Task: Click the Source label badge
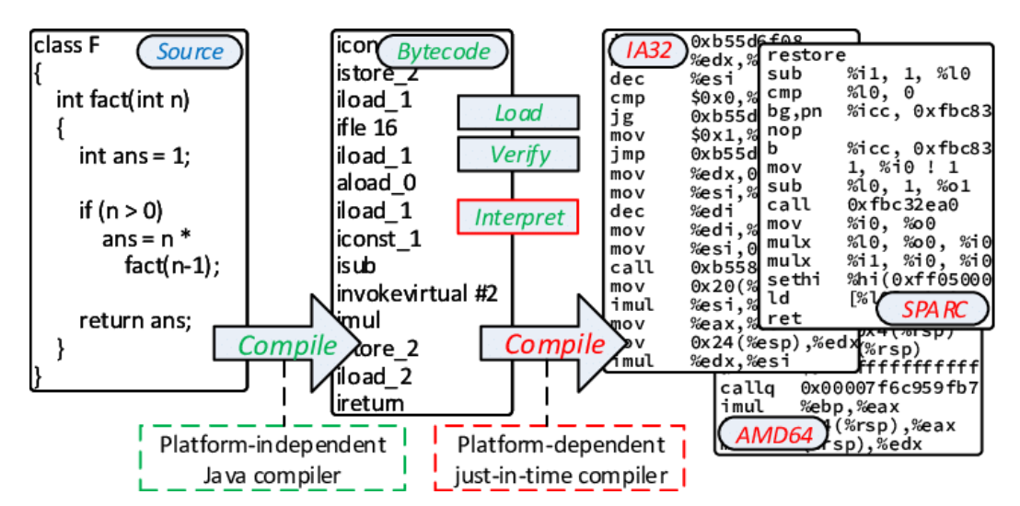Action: (190, 52)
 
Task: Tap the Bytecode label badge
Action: (445, 52)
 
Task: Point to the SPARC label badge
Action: (933, 310)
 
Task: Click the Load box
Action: (518, 113)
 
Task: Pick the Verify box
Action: (518, 155)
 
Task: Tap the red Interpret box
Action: (518, 218)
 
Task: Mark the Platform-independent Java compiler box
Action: (272, 459)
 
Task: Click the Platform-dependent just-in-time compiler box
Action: (560, 459)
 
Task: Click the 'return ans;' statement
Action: (134, 321)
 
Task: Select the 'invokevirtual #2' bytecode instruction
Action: (417, 293)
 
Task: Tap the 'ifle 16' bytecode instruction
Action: (367, 127)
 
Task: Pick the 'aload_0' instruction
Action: (377, 183)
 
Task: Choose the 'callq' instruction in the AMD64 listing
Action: (745, 386)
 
